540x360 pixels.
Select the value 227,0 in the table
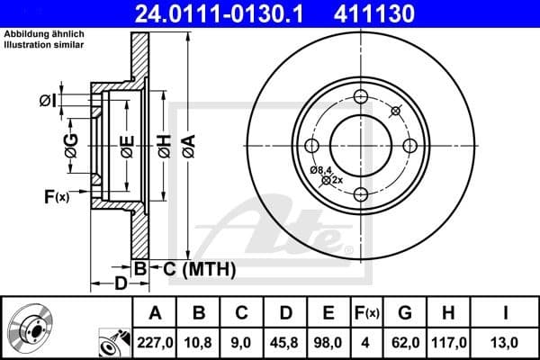tap(154, 341)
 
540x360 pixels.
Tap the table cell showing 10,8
tap(199, 341)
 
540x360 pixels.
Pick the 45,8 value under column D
tap(285, 341)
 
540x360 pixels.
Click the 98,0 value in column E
tap(328, 341)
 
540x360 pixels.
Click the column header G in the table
tap(405, 312)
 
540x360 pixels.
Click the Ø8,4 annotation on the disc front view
tap(322, 169)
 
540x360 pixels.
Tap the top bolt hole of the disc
tap(361, 97)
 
